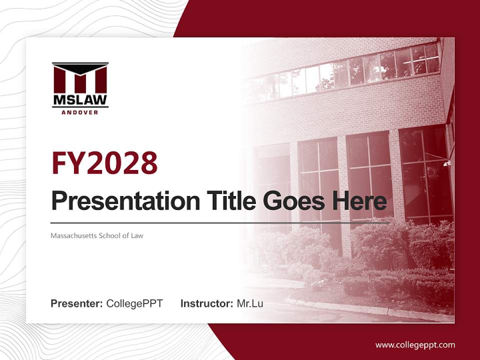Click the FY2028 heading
tap(104, 162)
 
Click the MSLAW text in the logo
tap(80, 100)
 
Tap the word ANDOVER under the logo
tap(80, 112)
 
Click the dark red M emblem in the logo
tap(80, 77)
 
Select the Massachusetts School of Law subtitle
tap(97, 235)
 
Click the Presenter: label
tap(77, 303)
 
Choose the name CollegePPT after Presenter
tap(134, 303)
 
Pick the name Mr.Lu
tap(250, 303)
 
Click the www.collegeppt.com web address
tap(415, 345)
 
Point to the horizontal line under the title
tap(220, 223)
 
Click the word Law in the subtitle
tap(137, 235)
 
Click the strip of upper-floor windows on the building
tap(350, 70)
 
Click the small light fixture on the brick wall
tap(446, 163)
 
